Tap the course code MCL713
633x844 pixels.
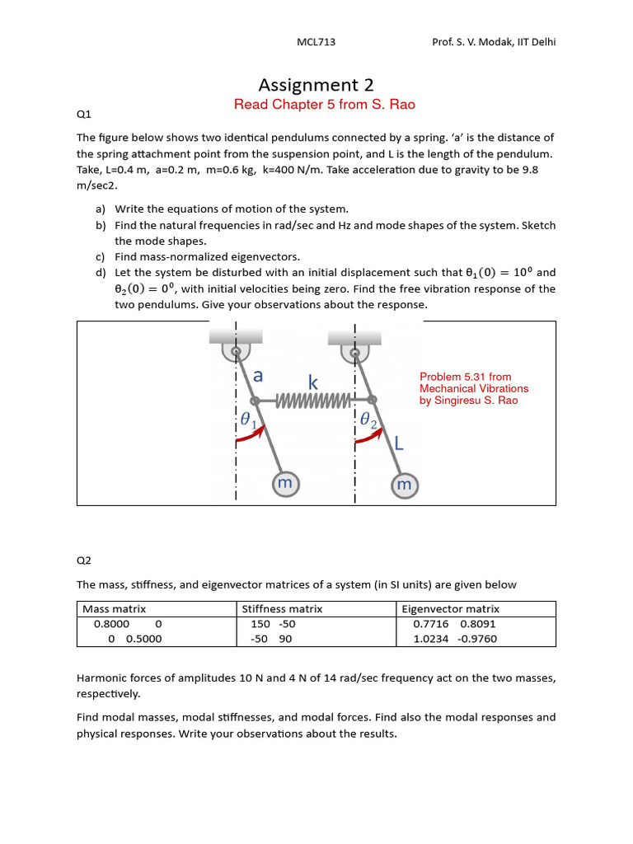[x=316, y=42]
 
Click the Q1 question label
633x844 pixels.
[x=83, y=116]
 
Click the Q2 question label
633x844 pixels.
[x=83, y=560]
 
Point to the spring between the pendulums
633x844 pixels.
[x=314, y=401]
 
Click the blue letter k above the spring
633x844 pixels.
[x=313, y=382]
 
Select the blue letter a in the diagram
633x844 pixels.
[x=258, y=376]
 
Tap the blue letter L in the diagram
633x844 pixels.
[x=399, y=444]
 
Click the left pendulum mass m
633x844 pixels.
[x=284, y=484]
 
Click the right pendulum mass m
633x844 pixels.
[x=404, y=485]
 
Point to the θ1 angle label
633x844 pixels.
[x=248, y=420]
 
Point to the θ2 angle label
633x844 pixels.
[x=368, y=423]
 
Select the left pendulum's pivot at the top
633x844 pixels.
[x=237, y=352]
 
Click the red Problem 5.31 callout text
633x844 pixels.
[x=474, y=388]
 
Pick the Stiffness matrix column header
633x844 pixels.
[x=282, y=609]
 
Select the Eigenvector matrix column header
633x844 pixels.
[x=451, y=609]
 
